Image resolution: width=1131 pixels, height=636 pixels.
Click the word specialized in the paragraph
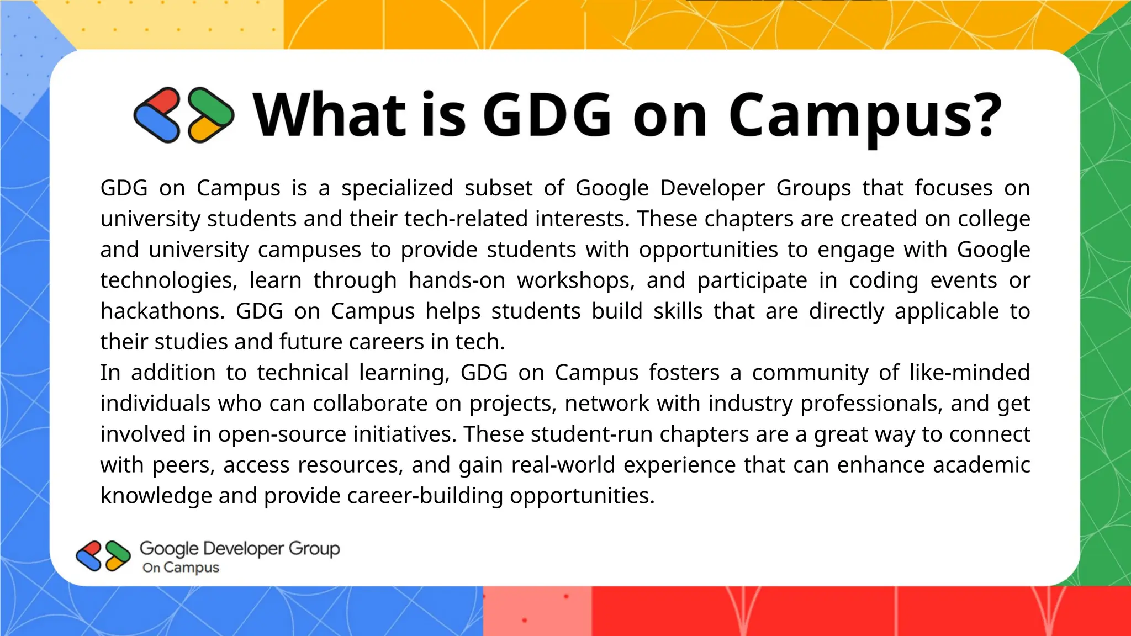point(397,188)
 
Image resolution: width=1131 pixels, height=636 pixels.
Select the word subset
point(498,188)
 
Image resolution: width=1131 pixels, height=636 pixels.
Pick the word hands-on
point(457,280)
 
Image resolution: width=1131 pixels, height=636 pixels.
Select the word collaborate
point(370,404)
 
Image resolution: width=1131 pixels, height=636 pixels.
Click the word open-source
point(282,434)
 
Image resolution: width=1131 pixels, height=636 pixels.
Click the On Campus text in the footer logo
point(181,568)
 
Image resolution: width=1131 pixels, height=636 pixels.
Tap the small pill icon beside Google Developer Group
point(103,555)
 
